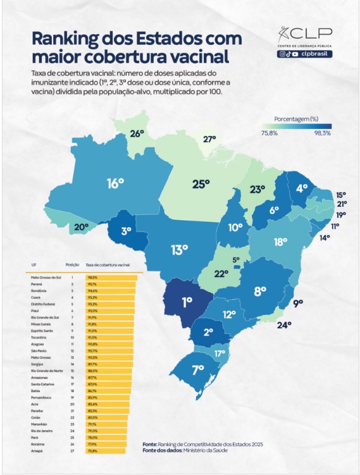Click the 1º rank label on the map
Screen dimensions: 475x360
[187, 302]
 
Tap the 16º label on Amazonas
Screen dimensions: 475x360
[115, 183]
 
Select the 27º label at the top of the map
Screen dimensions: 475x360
[209, 139]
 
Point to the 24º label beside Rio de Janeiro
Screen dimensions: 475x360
[284, 325]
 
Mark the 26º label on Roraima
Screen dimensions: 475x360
[137, 133]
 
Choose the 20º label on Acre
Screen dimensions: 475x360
[81, 227]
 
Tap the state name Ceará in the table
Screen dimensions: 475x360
[37, 297]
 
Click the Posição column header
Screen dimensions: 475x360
[72, 264]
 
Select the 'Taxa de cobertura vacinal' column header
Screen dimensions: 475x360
[107, 264]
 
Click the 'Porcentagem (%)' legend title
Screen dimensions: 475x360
[296, 119]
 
